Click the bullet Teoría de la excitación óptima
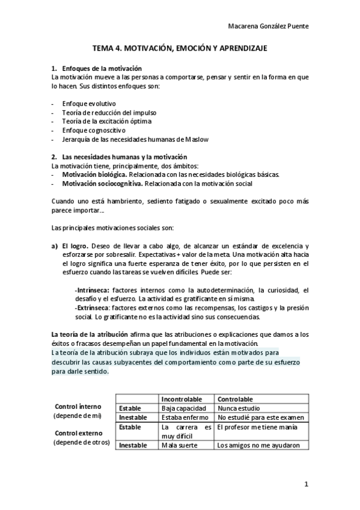point(106,121)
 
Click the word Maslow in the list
point(195,140)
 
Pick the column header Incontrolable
point(182,399)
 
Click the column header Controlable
point(236,399)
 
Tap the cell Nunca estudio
point(239,408)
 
